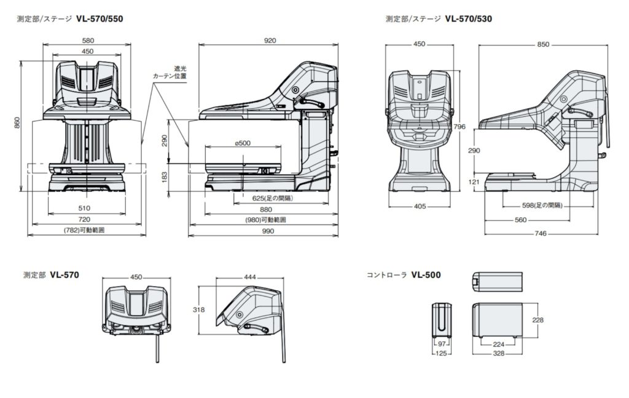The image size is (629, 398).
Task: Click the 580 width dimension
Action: tap(87, 41)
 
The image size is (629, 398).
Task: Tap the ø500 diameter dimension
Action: tap(243, 143)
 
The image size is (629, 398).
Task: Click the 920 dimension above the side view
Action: tap(270, 41)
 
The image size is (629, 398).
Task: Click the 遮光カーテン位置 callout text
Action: tap(171, 73)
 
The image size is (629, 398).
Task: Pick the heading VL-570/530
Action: tap(469, 18)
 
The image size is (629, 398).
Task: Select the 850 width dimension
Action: tap(543, 44)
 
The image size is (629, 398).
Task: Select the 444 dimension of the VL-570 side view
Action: tap(249, 277)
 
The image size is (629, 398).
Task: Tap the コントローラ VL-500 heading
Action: tap(403, 275)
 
